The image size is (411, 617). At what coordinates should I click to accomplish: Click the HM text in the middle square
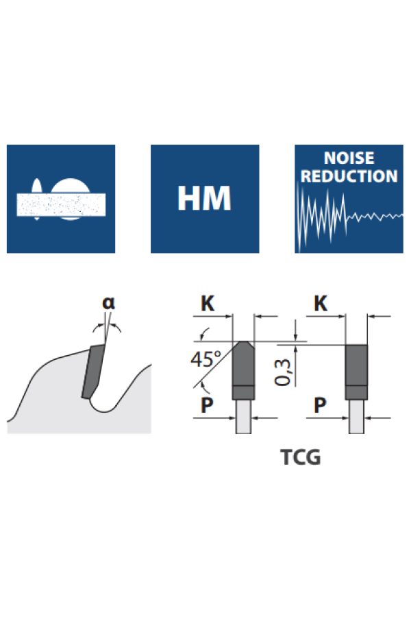click(x=204, y=199)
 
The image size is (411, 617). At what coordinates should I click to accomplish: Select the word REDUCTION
click(x=349, y=176)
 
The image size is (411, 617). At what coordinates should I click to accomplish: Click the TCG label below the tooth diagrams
click(x=300, y=457)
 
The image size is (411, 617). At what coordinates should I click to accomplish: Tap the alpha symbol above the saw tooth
click(x=109, y=302)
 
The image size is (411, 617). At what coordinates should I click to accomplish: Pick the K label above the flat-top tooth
click(x=320, y=303)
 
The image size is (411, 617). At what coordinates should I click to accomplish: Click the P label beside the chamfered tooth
click(x=207, y=405)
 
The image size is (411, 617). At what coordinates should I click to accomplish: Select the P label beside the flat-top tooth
click(x=320, y=405)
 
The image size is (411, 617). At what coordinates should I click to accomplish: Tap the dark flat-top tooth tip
click(x=356, y=367)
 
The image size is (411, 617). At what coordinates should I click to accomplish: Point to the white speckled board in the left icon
click(x=61, y=204)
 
